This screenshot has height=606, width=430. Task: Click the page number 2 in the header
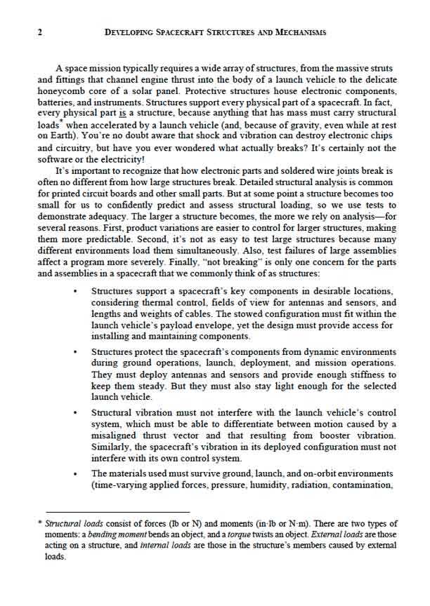click(x=39, y=32)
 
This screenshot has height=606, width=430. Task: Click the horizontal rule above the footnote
click(x=113, y=512)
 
